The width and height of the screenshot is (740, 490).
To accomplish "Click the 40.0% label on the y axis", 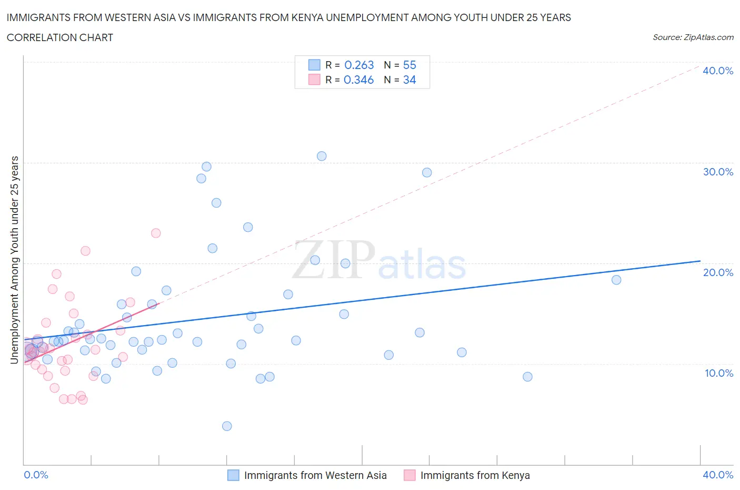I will [717, 71].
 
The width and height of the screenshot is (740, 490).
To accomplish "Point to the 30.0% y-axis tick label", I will [717, 172].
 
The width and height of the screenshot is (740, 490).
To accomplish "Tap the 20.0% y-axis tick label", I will [717, 272].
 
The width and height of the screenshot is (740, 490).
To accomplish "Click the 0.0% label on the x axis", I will [36, 475].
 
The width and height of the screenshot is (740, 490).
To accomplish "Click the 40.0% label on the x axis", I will [717, 475].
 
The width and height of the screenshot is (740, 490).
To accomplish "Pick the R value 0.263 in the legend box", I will [359, 65].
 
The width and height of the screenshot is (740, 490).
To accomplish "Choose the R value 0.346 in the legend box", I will [358, 80].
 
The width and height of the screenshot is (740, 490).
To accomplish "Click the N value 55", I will [409, 65].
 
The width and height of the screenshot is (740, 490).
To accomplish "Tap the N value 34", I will [409, 80].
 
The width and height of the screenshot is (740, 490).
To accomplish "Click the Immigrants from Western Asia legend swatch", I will [233, 475].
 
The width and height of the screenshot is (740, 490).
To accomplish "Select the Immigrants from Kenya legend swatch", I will [409, 475].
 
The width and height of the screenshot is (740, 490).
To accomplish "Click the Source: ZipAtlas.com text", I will [693, 37].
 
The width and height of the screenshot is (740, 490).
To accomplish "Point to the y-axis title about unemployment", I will [15, 260].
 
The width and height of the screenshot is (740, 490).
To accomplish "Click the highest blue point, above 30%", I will [322, 156].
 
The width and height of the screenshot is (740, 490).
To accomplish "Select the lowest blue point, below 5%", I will [227, 426].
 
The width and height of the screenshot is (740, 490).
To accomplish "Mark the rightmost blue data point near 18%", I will [616, 280].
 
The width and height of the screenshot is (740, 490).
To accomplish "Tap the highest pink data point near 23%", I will [156, 233].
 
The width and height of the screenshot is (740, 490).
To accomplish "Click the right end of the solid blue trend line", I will [700, 261].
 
